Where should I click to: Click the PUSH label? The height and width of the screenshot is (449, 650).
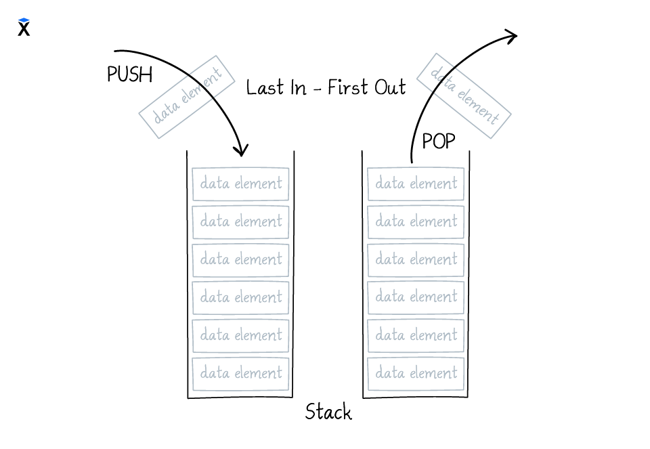pyautogui.click(x=129, y=74)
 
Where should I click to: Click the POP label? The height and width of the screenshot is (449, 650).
pyautogui.click(x=438, y=142)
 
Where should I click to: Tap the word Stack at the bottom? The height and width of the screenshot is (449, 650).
pyautogui.click(x=328, y=412)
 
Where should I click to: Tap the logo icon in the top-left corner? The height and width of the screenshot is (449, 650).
pyautogui.click(x=24, y=27)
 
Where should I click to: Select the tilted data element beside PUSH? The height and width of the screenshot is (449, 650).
pyautogui.click(x=187, y=97)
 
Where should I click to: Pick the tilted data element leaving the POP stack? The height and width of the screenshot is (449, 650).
pyautogui.click(x=464, y=97)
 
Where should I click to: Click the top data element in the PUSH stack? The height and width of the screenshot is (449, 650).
pyautogui.click(x=240, y=184)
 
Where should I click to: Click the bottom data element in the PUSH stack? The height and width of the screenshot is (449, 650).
pyautogui.click(x=240, y=373)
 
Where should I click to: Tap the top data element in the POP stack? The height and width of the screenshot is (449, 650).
pyautogui.click(x=416, y=184)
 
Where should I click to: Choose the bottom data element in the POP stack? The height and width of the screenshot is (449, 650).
pyautogui.click(x=416, y=373)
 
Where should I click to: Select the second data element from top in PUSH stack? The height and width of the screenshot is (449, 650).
pyautogui.click(x=240, y=221)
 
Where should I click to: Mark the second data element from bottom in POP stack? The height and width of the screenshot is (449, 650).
pyautogui.click(x=416, y=335)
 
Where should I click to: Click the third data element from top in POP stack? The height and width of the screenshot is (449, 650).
pyautogui.click(x=416, y=259)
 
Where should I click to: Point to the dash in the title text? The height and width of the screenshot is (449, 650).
pyautogui.click(x=316, y=89)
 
